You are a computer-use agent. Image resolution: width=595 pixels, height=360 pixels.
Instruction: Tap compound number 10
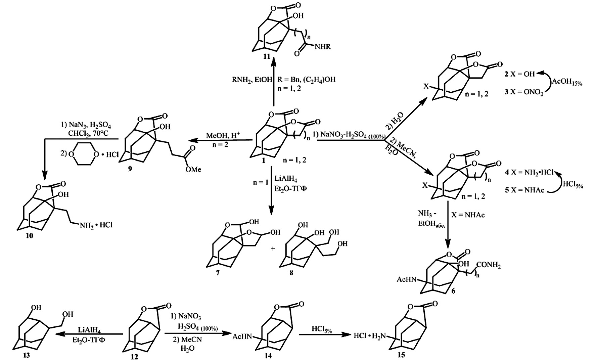tap(30, 236)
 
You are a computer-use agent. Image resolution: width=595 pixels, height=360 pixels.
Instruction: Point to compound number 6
tap(453, 291)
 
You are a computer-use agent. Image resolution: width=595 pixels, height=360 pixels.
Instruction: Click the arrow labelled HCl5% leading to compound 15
tap(321, 334)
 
